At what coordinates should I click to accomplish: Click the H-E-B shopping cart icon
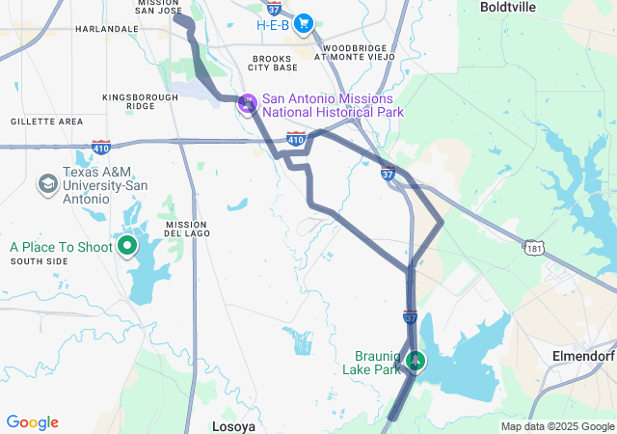click(x=304, y=23)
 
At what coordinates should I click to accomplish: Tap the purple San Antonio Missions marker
click(x=248, y=100)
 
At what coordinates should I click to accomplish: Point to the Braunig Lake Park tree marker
click(x=416, y=361)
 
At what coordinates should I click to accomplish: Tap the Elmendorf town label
click(x=582, y=355)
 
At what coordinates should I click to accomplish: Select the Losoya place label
click(x=234, y=424)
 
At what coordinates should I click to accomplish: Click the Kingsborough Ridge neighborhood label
click(x=141, y=101)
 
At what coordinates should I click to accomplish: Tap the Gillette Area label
click(x=46, y=122)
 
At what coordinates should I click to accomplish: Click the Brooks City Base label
click(x=273, y=63)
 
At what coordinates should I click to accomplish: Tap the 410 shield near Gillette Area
click(x=101, y=147)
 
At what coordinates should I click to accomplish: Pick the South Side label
click(x=40, y=261)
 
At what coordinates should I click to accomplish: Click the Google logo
click(x=32, y=422)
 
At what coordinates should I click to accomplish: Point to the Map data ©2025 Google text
click(x=557, y=426)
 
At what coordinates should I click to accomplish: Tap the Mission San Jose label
click(x=158, y=4)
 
